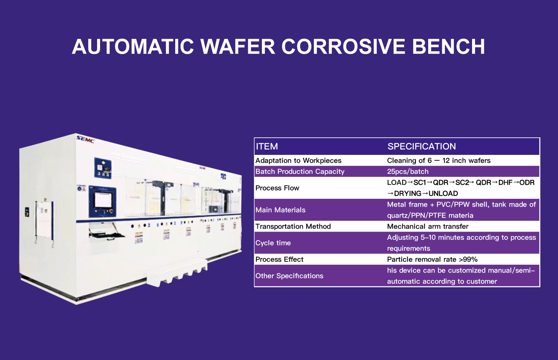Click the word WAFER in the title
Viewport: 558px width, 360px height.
238,47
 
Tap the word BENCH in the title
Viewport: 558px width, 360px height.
448,47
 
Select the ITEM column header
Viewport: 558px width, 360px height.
267,146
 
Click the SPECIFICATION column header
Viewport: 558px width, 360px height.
421,146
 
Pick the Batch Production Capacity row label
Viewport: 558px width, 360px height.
300,172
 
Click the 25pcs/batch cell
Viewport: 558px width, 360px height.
408,172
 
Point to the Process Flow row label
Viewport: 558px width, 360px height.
277,188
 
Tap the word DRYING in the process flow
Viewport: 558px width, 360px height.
408,194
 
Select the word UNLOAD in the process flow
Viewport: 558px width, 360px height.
443,194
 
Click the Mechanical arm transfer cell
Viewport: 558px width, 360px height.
428,226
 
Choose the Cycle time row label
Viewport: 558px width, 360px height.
273,243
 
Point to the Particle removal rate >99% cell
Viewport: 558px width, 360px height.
432,259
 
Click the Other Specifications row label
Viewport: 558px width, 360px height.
289,276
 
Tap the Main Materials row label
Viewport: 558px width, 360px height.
280,210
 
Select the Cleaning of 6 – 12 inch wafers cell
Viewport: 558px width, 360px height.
439,160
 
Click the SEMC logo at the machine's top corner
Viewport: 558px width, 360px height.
85,139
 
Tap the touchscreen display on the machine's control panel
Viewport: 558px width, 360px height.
103,200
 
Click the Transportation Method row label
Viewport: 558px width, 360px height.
293,226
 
